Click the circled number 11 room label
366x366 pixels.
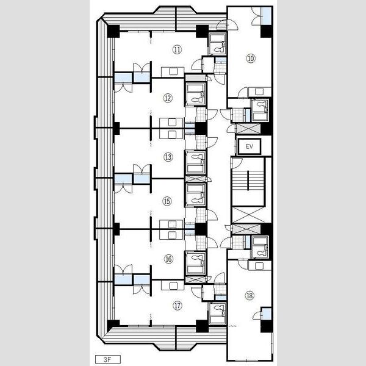click(177, 49)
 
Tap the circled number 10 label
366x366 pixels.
click(251, 58)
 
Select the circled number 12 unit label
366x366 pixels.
click(168, 98)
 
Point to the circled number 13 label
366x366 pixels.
click(168, 157)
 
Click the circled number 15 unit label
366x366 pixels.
click(167, 201)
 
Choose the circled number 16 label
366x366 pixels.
click(168, 259)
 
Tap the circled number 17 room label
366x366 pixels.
click(177, 306)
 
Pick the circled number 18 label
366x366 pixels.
click(249, 295)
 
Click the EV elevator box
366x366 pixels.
click(249, 146)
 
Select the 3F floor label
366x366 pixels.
click(108, 359)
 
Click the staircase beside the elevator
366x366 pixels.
click(248, 182)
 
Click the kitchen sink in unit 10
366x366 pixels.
click(259, 91)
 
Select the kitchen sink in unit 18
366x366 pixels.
click(259, 265)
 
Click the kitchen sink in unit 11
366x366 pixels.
click(173, 71)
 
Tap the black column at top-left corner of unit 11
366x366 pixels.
click(113, 31)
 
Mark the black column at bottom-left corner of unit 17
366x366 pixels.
click(113, 326)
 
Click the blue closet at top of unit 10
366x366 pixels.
click(267, 16)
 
